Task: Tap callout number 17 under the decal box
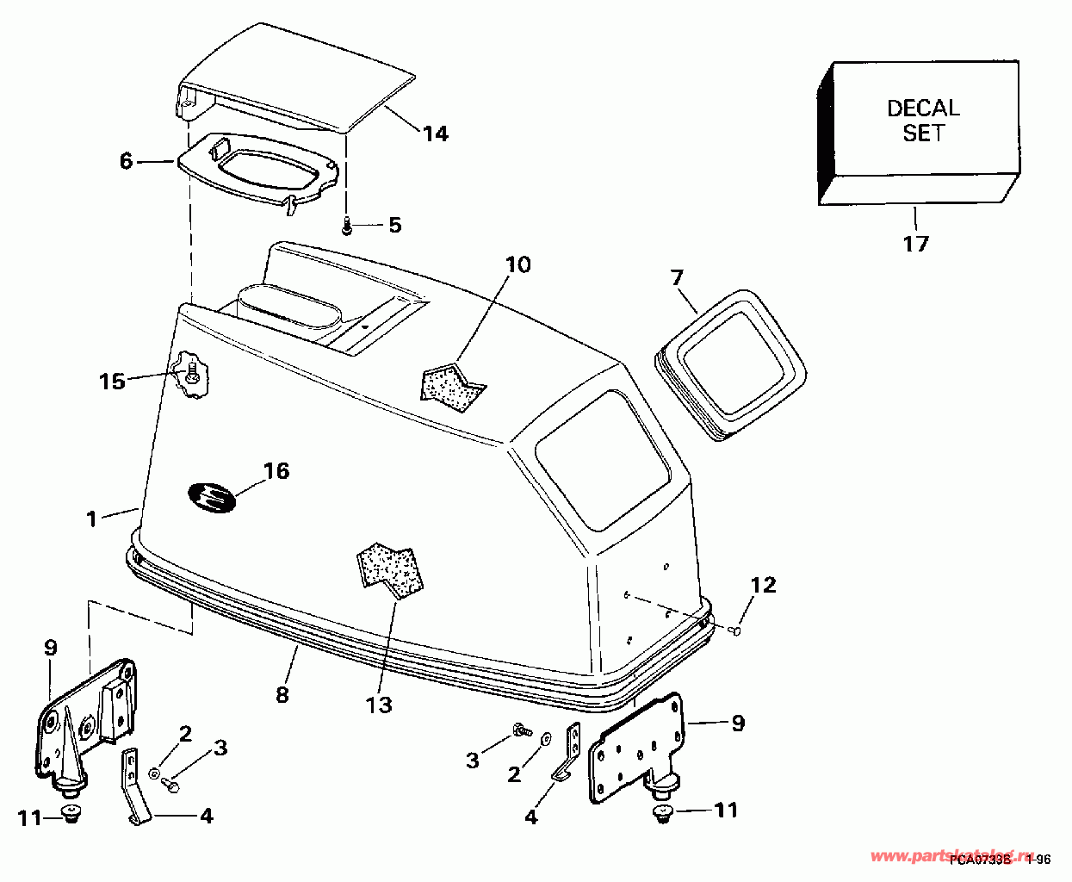point(915,244)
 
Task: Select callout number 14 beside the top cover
point(435,134)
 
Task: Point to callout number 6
point(127,161)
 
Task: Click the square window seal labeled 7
point(733,363)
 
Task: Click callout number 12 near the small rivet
point(763,586)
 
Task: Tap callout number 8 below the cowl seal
point(282,693)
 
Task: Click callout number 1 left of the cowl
point(92,519)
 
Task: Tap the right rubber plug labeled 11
point(663,813)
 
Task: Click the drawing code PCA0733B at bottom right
point(981,859)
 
